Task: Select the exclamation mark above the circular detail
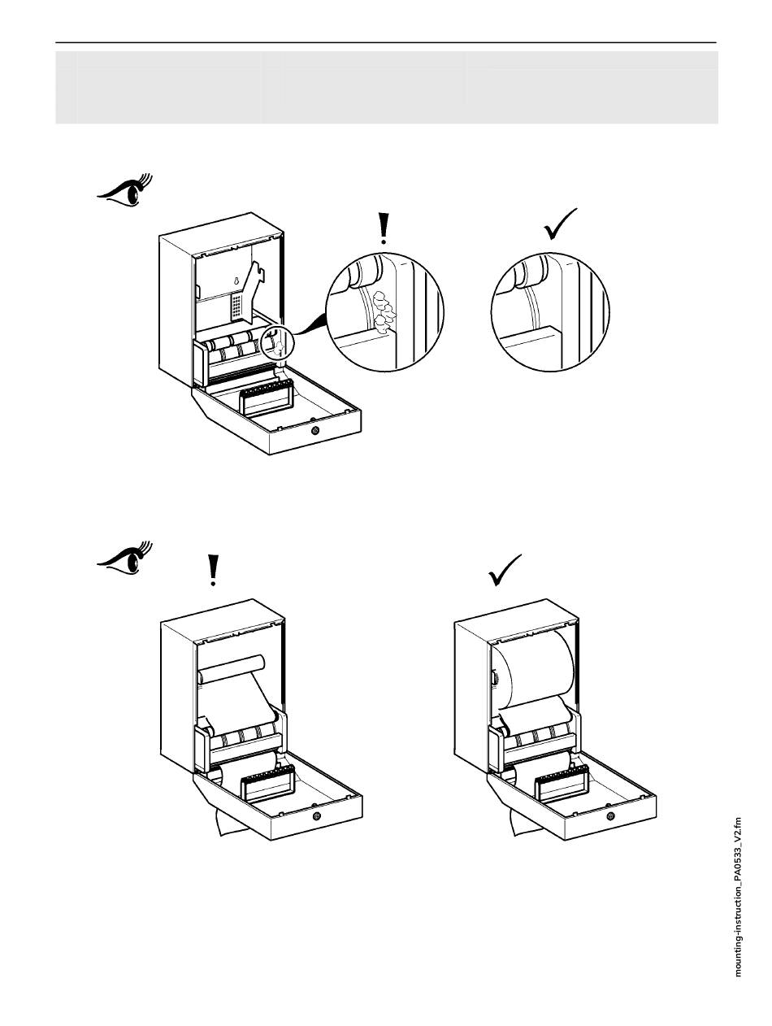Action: pyautogui.click(x=384, y=229)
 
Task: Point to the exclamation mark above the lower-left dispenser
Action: pyautogui.click(x=213, y=570)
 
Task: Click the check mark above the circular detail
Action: pyautogui.click(x=560, y=224)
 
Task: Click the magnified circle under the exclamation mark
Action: pyautogui.click(x=385, y=311)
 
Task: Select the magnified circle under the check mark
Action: pyautogui.click(x=550, y=311)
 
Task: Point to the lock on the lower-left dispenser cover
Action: pyautogui.click(x=316, y=815)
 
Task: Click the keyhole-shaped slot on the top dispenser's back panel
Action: pyautogui.click(x=236, y=281)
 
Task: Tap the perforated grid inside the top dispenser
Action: pyautogui.click(x=237, y=306)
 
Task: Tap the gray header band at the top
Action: pyautogui.click(x=386, y=87)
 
